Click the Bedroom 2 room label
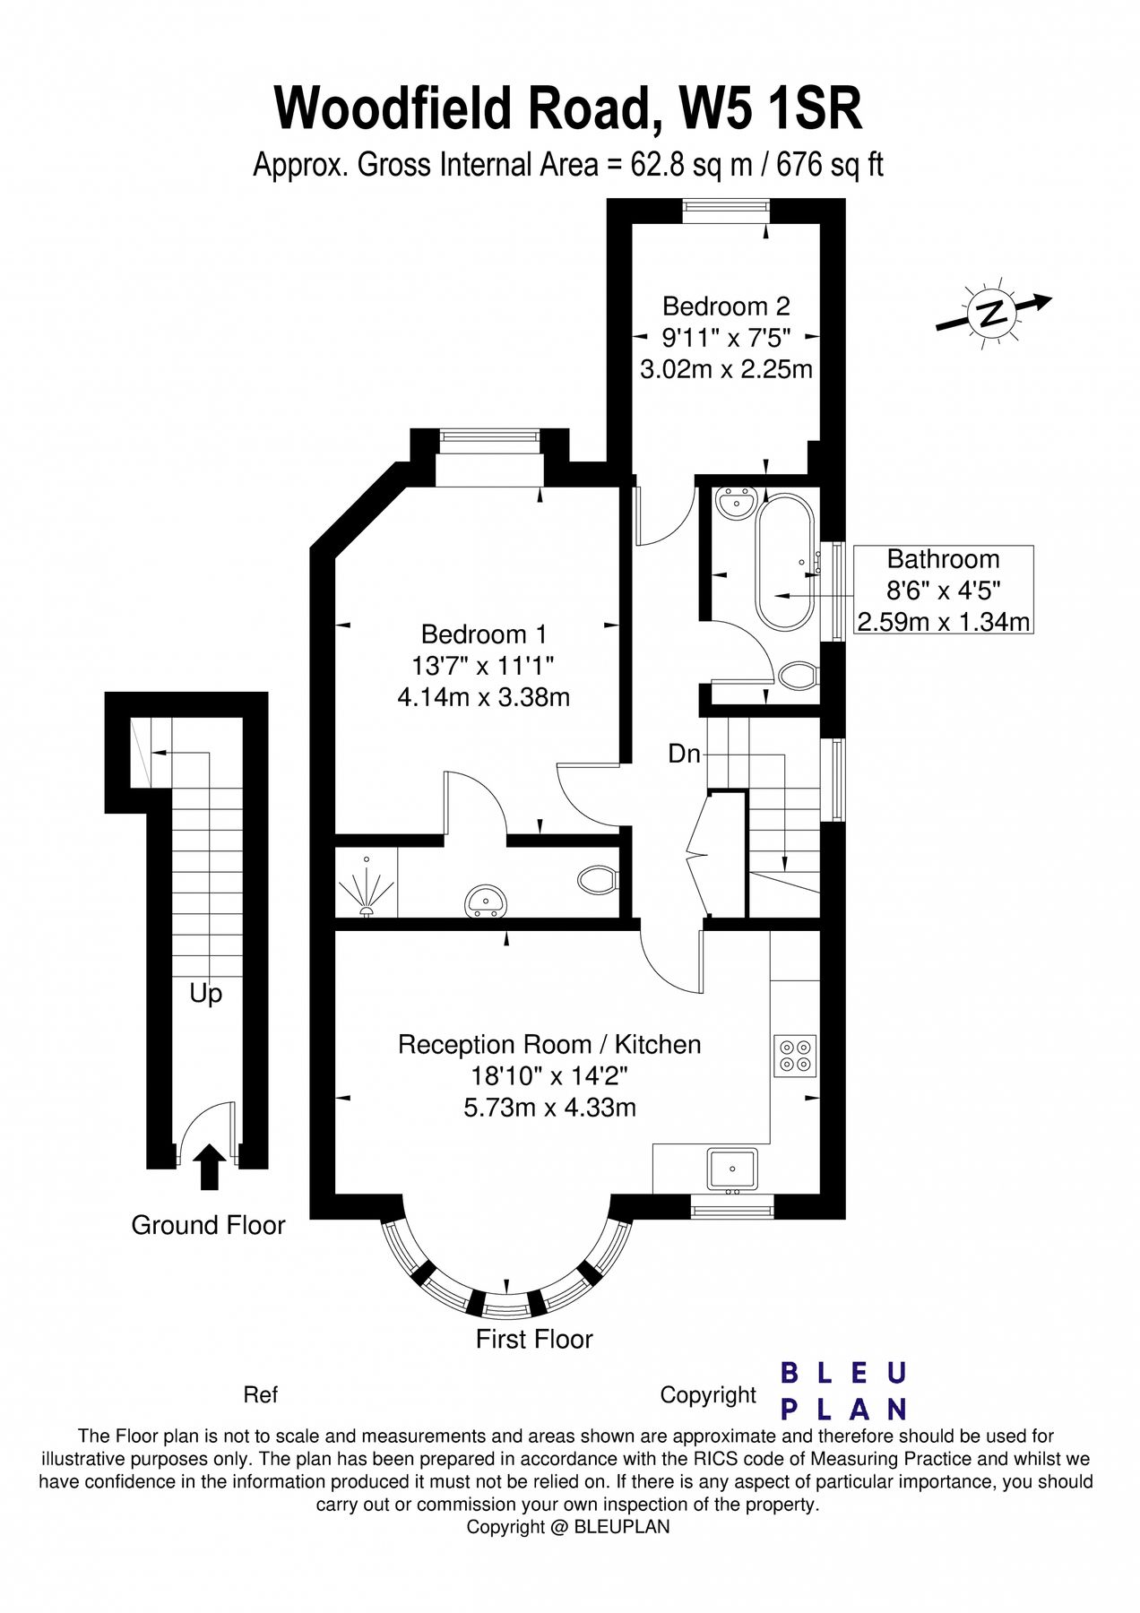click(726, 306)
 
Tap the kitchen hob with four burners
click(795, 1056)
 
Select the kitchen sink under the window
click(733, 1170)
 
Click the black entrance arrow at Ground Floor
click(209, 1166)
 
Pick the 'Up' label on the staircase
click(205, 994)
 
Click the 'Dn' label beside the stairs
click(684, 754)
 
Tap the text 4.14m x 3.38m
click(483, 697)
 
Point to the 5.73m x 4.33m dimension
click(549, 1108)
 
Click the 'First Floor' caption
click(534, 1339)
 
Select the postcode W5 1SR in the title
click(771, 108)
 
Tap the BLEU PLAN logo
click(843, 1391)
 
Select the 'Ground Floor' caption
click(208, 1225)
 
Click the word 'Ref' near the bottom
click(260, 1394)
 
